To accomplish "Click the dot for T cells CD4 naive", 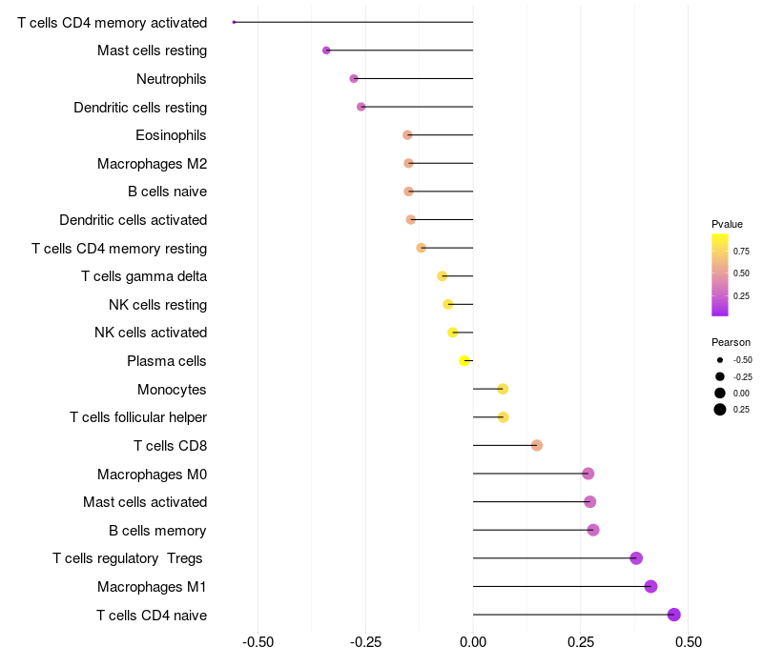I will (674, 615).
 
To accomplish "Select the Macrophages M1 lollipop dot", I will (650, 586).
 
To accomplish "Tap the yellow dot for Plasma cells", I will (464, 360).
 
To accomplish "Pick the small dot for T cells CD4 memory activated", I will (234, 22).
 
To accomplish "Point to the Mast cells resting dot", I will (326, 50).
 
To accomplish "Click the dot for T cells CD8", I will (537, 445).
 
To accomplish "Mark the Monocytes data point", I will (503, 389).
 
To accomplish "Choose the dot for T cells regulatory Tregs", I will (636, 558).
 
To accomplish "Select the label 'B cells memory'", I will (157, 530).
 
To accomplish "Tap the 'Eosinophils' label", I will (171, 135).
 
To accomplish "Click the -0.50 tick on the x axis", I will (258, 641).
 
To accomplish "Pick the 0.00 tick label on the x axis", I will (473, 641).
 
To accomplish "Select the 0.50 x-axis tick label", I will (688, 641).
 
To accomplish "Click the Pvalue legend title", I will (727, 224).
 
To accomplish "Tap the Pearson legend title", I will (731, 342).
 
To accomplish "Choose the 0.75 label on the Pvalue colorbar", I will (741, 251).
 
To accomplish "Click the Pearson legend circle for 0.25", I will (719, 410).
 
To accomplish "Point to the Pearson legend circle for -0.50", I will (719, 360).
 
